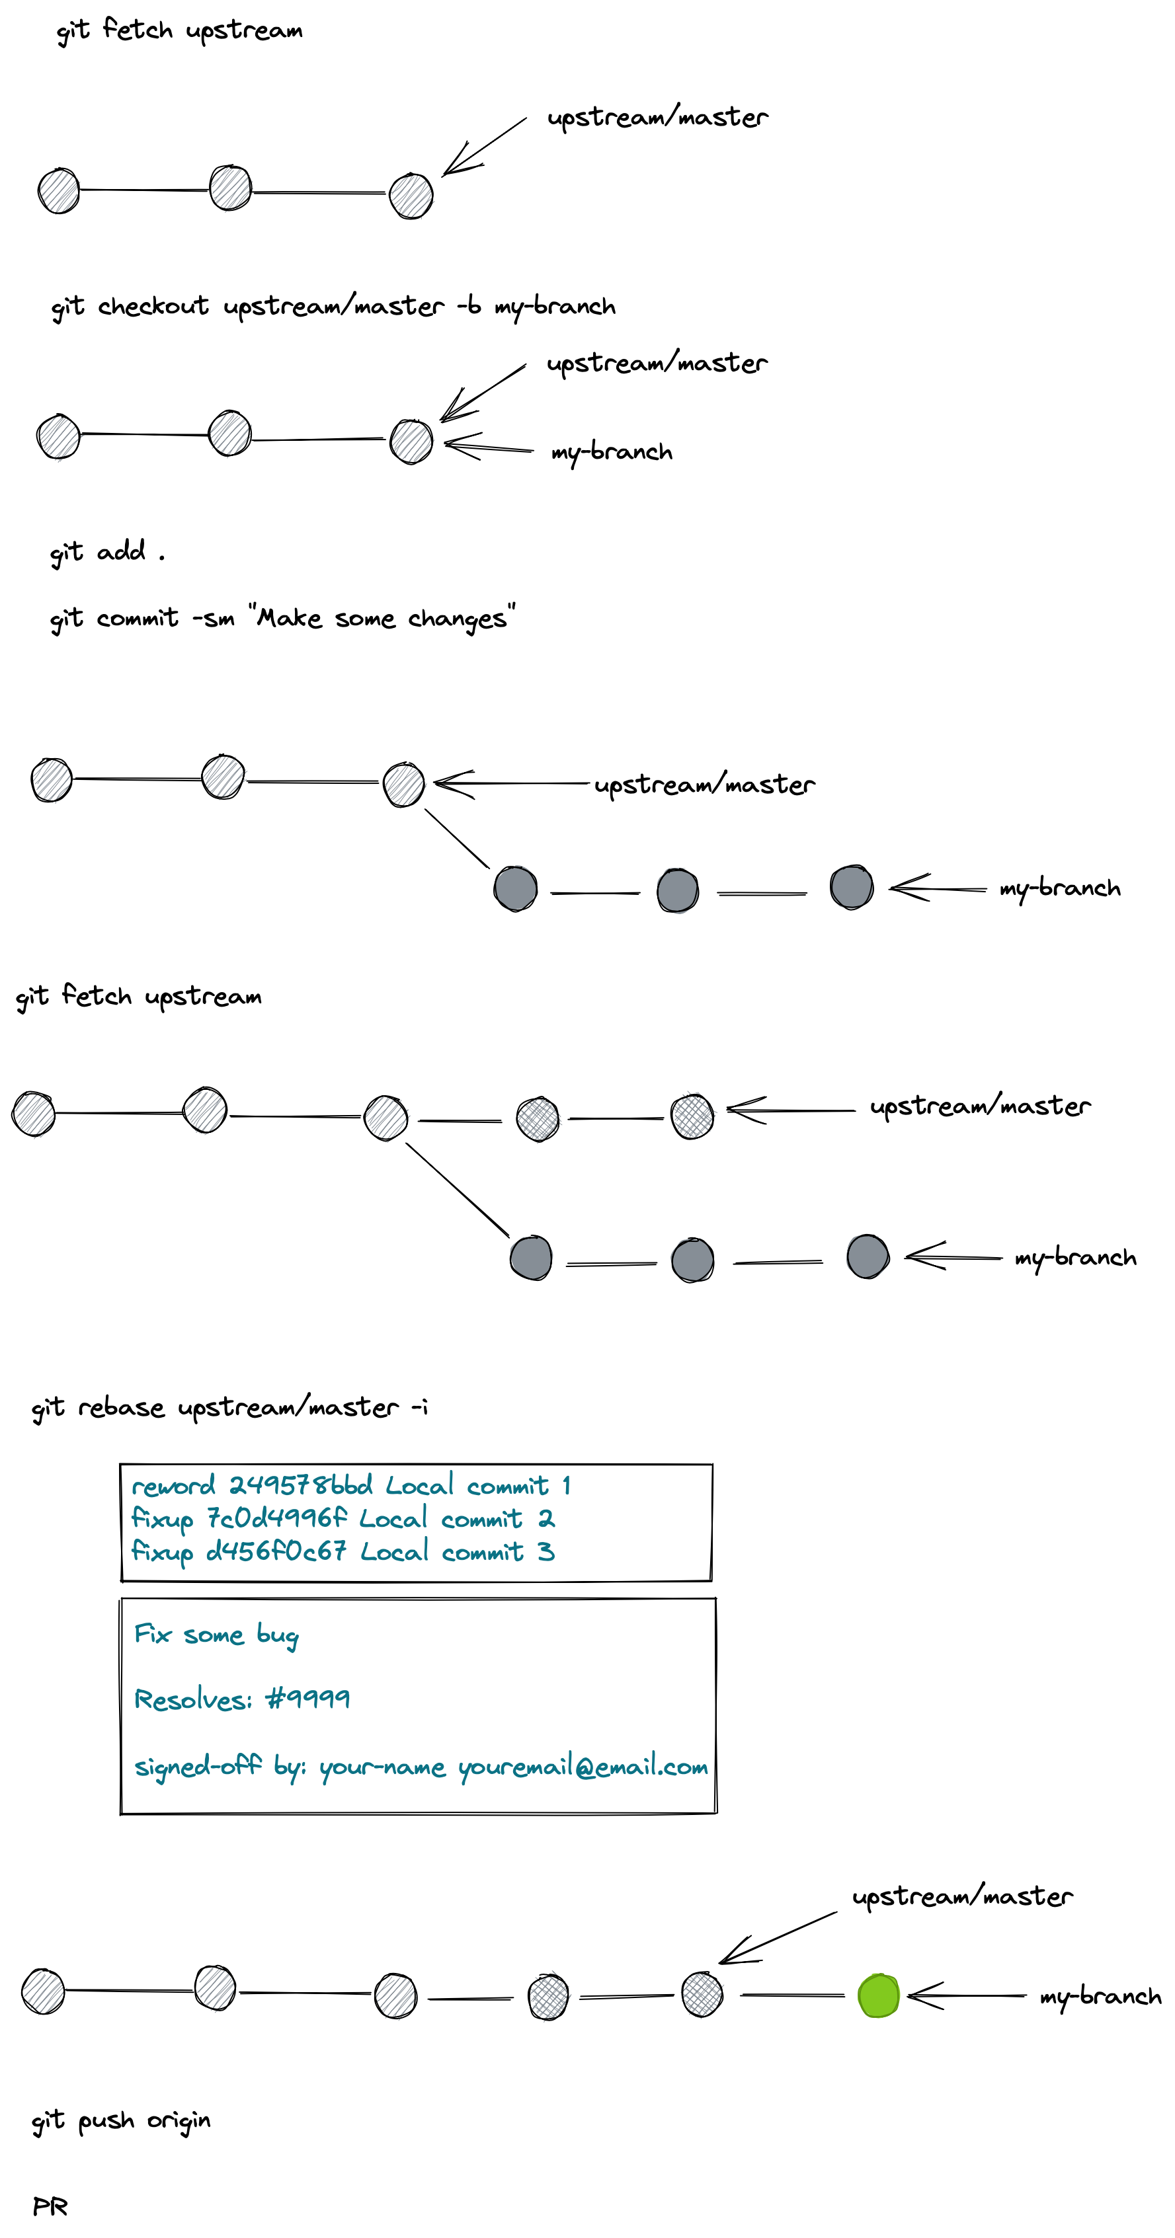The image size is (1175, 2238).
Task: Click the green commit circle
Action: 877,1995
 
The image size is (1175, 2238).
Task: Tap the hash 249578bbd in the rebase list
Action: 301,1486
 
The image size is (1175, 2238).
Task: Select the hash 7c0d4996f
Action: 276,1519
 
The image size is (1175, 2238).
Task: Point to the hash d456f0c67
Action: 276,1552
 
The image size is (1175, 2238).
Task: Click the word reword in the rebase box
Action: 173,1486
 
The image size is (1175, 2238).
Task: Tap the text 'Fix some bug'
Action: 216,1635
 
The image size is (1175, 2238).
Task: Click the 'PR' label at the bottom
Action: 50,2207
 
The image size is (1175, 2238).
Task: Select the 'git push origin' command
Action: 121,2121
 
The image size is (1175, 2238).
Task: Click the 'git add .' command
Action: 106,552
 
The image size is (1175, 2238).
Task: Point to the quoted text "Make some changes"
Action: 382,618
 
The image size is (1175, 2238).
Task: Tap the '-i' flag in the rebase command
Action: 419,1407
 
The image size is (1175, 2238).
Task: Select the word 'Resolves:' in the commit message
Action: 193,1699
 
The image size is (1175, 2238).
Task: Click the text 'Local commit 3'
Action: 457,1552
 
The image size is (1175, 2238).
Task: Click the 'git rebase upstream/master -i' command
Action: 229,1407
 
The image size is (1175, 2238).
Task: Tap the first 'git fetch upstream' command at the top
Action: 179,31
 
